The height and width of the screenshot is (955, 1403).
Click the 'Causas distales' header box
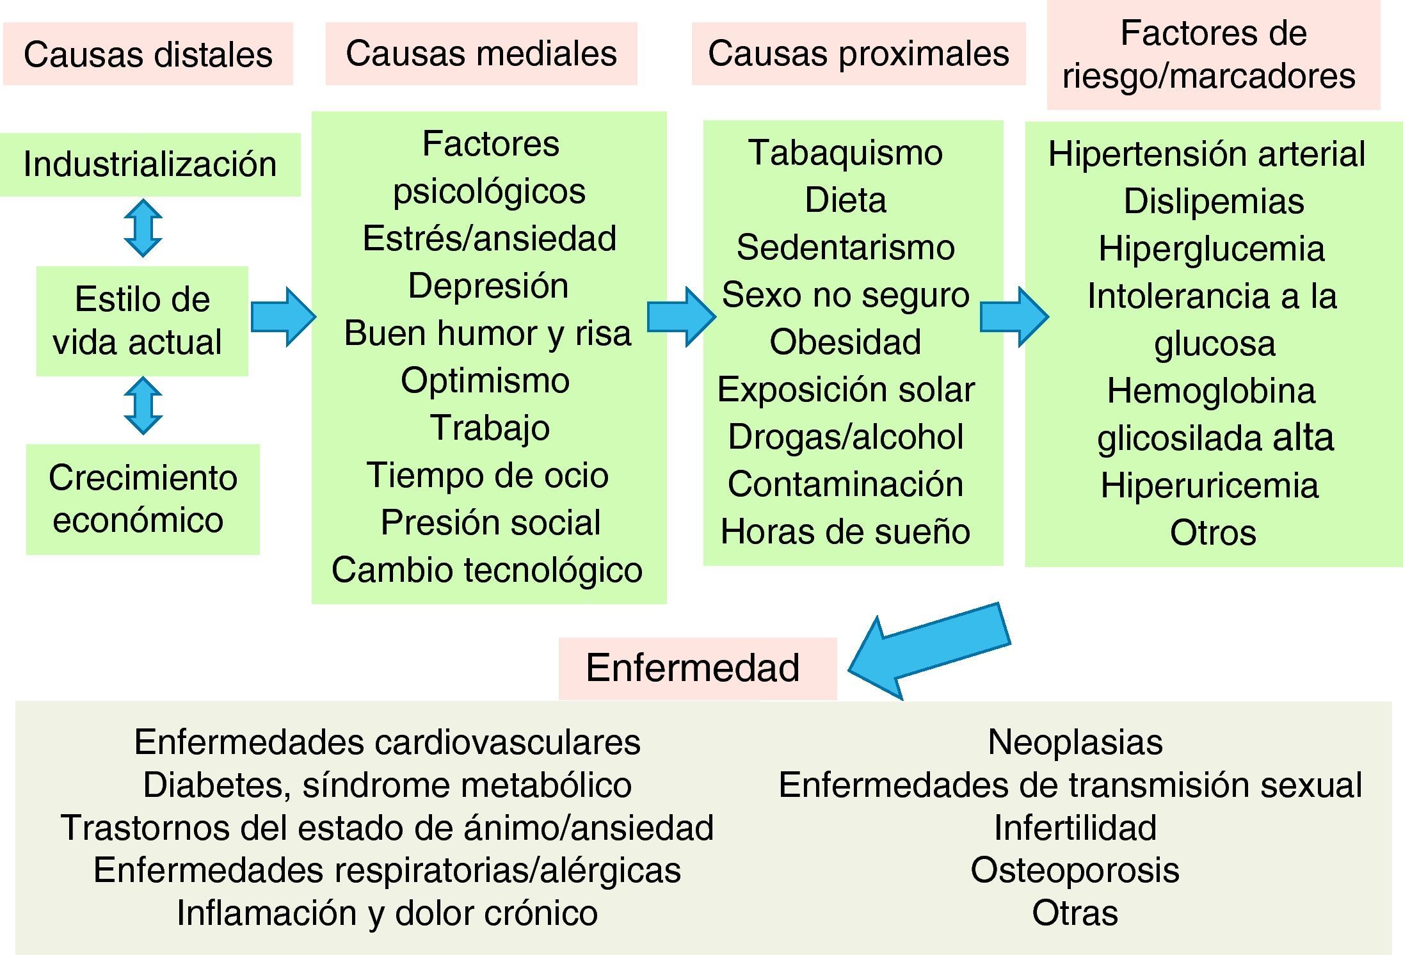[x=148, y=54]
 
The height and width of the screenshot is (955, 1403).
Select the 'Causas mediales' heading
[x=481, y=53]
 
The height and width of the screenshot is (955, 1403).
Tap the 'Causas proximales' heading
[x=858, y=53]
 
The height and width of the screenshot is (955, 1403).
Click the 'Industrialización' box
[x=150, y=164]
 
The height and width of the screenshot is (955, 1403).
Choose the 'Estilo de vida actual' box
[x=142, y=320]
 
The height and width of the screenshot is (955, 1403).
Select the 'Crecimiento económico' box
[x=143, y=499]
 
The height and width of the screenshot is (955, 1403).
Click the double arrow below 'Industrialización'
[x=143, y=229]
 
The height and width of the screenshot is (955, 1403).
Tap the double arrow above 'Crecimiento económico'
[x=143, y=406]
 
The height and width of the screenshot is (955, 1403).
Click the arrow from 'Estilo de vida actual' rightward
[x=282, y=317]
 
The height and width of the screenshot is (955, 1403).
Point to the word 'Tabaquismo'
[x=846, y=152]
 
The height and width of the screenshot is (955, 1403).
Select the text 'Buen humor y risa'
[x=488, y=333]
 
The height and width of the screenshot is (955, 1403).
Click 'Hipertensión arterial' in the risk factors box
[x=1207, y=154]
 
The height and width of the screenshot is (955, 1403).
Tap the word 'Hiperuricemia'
[x=1209, y=485]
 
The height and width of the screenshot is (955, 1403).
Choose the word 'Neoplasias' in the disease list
[x=1075, y=742]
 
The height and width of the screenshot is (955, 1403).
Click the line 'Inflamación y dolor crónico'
[x=387, y=913]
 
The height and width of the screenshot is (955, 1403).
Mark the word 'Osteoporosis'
[x=1075, y=871]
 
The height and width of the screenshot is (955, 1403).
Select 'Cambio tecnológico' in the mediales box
[x=488, y=570]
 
